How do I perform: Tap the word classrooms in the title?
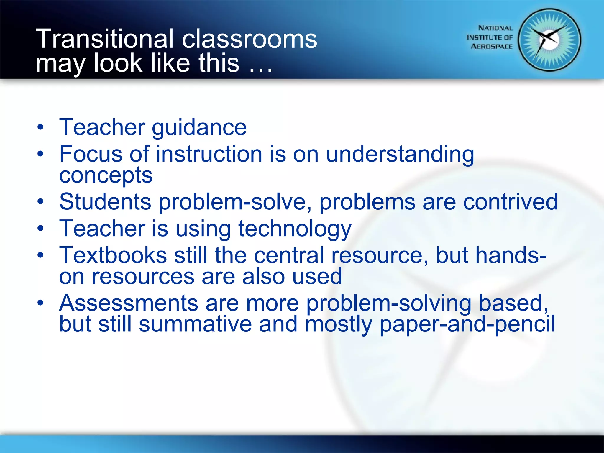[x=250, y=39]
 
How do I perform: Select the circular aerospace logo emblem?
[x=549, y=40]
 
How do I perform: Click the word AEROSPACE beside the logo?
[x=492, y=47]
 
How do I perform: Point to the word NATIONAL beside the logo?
[x=495, y=28]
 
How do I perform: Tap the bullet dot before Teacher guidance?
[x=40, y=127]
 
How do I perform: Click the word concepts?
[x=106, y=175]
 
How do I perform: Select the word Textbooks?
[x=113, y=255]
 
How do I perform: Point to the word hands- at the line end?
[x=491, y=255]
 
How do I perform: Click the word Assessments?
[x=129, y=303]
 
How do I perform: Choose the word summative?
[x=195, y=324]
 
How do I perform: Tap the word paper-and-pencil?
[x=467, y=324]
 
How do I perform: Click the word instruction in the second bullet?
[x=209, y=154]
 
